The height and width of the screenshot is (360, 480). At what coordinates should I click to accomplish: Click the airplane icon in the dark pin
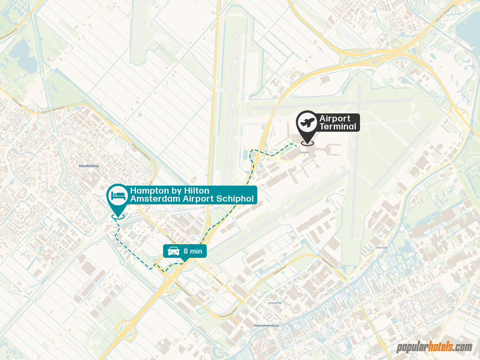click(x=307, y=122)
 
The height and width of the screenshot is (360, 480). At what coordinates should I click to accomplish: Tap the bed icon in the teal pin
click(x=117, y=195)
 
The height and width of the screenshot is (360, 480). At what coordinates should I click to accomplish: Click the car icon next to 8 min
click(x=173, y=251)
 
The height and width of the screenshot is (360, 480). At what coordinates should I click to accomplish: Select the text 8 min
click(x=193, y=251)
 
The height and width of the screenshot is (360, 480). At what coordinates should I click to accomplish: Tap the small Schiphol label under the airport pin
click(x=304, y=152)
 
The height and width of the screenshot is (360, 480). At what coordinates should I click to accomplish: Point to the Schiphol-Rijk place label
click(x=275, y=303)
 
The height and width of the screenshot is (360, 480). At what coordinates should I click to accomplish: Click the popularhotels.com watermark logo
click(x=434, y=347)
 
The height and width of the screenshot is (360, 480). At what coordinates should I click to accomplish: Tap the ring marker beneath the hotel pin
click(x=118, y=216)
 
